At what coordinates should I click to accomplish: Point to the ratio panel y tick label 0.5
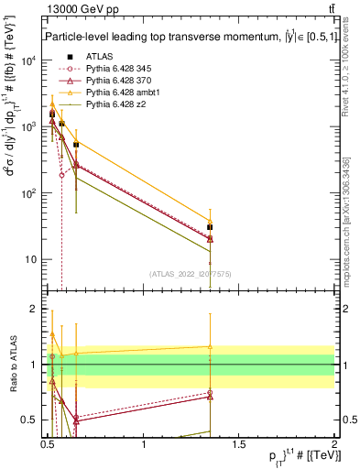28,420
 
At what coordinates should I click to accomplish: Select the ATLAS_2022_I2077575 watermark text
190,273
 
